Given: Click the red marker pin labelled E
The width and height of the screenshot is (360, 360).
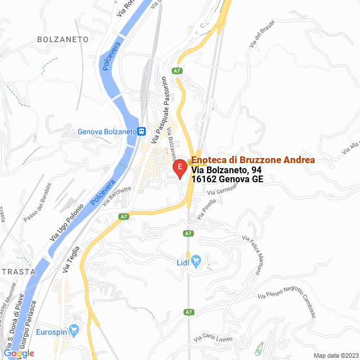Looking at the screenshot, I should [x=179, y=168].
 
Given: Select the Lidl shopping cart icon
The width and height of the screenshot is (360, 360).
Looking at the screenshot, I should [x=196, y=262].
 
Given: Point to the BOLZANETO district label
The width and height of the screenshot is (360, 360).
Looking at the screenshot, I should [x=63, y=39].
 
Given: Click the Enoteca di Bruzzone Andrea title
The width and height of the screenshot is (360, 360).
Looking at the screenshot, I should [x=253, y=160].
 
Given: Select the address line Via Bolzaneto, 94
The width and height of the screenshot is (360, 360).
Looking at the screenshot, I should [x=227, y=170].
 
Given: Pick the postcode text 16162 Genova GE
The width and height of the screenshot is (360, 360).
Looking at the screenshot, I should [x=227, y=179].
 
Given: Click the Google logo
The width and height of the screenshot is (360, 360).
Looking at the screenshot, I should [x=19, y=353].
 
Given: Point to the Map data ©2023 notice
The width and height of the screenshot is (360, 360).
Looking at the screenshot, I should [x=335, y=355].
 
